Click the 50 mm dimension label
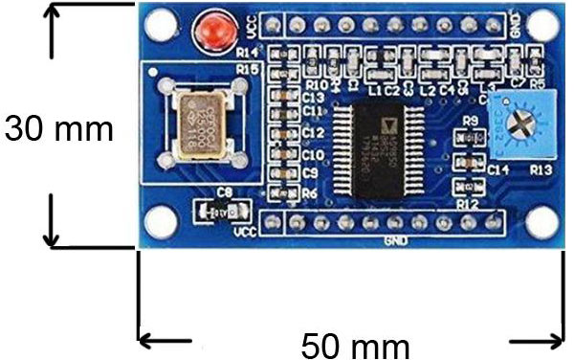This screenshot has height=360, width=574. [x=356, y=344]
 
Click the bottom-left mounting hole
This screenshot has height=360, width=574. [x=164, y=223]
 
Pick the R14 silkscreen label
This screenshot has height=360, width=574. [x=247, y=52]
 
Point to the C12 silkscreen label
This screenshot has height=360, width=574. [x=313, y=132]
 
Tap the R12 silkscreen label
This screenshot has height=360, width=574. [x=468, y=204]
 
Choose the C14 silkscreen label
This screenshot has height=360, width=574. [x=497, y=168]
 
